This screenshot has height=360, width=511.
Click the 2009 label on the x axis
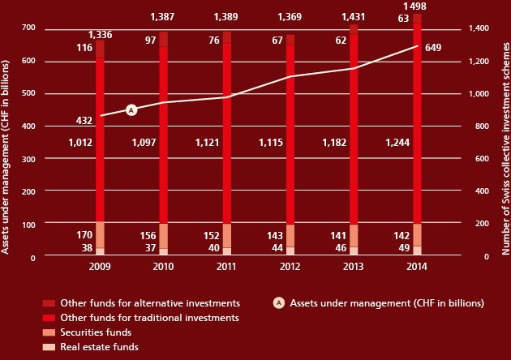(x=100, y=267)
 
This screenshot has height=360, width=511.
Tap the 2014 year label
(x=416, y=267)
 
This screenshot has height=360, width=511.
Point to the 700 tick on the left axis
(x=28, y=28)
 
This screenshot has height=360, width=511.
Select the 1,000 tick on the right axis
(x=479, y=94)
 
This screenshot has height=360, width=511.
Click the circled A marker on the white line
(x=131, y=110)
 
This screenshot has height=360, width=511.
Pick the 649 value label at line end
(x=433, y=48)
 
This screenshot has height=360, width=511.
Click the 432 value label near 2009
(x=84, y=121)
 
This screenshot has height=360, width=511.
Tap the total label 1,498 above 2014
(x=414, y=6)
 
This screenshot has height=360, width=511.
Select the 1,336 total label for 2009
(x=101, y=35)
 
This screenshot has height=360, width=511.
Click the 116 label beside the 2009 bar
(x=84, y=48)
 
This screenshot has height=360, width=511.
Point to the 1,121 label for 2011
(x=208, y=143)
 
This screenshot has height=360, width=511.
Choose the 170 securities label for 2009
(x=84, y=235)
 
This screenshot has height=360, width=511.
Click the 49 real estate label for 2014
(x=404, y=248)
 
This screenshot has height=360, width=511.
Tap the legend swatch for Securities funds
(x=49, y=332)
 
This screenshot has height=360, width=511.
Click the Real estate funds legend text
(x=100, y=347)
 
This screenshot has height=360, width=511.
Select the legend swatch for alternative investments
(x=49, y=303)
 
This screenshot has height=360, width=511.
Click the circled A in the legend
(x=279, y=303)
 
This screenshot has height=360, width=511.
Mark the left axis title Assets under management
(x=5, y=157)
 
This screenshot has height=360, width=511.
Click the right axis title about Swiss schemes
(x=505, y=148)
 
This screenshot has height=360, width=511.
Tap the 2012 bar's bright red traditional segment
(x=290, y=135)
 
